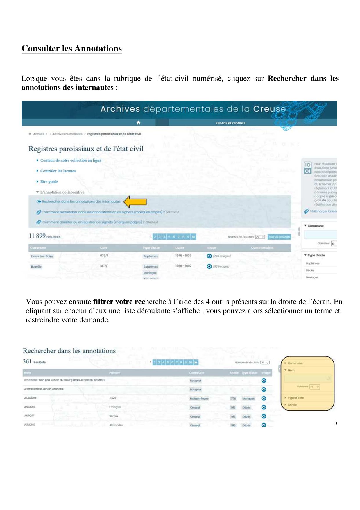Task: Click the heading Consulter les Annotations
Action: pyautogui.click(x=71, y=49)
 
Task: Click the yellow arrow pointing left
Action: pyautogui.click(x=135, y=201)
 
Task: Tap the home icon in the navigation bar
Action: pyautogui.click(x=138, y=123)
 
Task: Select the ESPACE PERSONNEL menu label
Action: pyautogui.click(x=230, y=123)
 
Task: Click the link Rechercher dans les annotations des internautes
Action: pyautogui.click(x=81, y=201)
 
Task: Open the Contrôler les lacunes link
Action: pyautogui.click(x=58, y=171)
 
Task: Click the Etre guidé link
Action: pyautogui.click(x=49, y=182)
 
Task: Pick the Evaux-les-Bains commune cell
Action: pyautogui.click(x=42, y=256)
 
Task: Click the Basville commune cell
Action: pyautogui.click(x=36, y=266)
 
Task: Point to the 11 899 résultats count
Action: pyautogui.click(x=44, y=236)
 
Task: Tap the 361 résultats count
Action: pyautogui.click(x=34, y=362)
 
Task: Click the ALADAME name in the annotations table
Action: pyautogui.click(x=31, y=398)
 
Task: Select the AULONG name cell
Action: pyautogui.click(x=30, y=425)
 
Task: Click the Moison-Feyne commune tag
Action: pyautogui.click(x=199, y=398)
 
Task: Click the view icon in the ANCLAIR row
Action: pyautogui.click(x=264, y=407)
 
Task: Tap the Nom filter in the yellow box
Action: pyautogui.click(x=291, y=370)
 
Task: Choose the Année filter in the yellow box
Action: pyautogui.click(x=292, y=405)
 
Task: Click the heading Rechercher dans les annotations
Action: pyautogui.click(x=69, y=351)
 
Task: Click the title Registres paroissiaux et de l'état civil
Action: pyautogui.click(x=86, y=149)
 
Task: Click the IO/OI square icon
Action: pyautogui.click(x=307, y=168)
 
